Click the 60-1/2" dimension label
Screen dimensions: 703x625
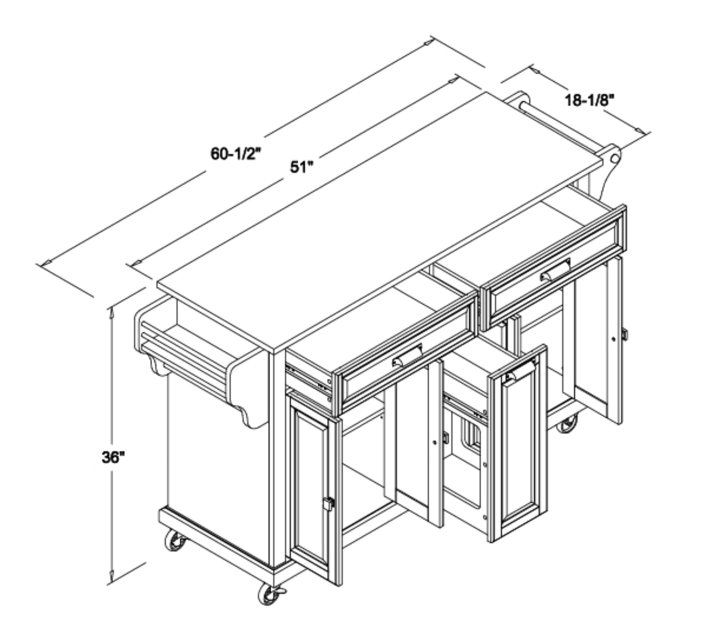click(235, 154)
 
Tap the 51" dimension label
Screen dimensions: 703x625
click(302, 167)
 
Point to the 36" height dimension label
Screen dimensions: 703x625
click(113, 458)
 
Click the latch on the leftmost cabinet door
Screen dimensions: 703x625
click(328, 503)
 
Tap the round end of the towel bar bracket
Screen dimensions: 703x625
click(613, 158)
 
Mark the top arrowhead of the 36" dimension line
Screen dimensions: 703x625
click(112, 314)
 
